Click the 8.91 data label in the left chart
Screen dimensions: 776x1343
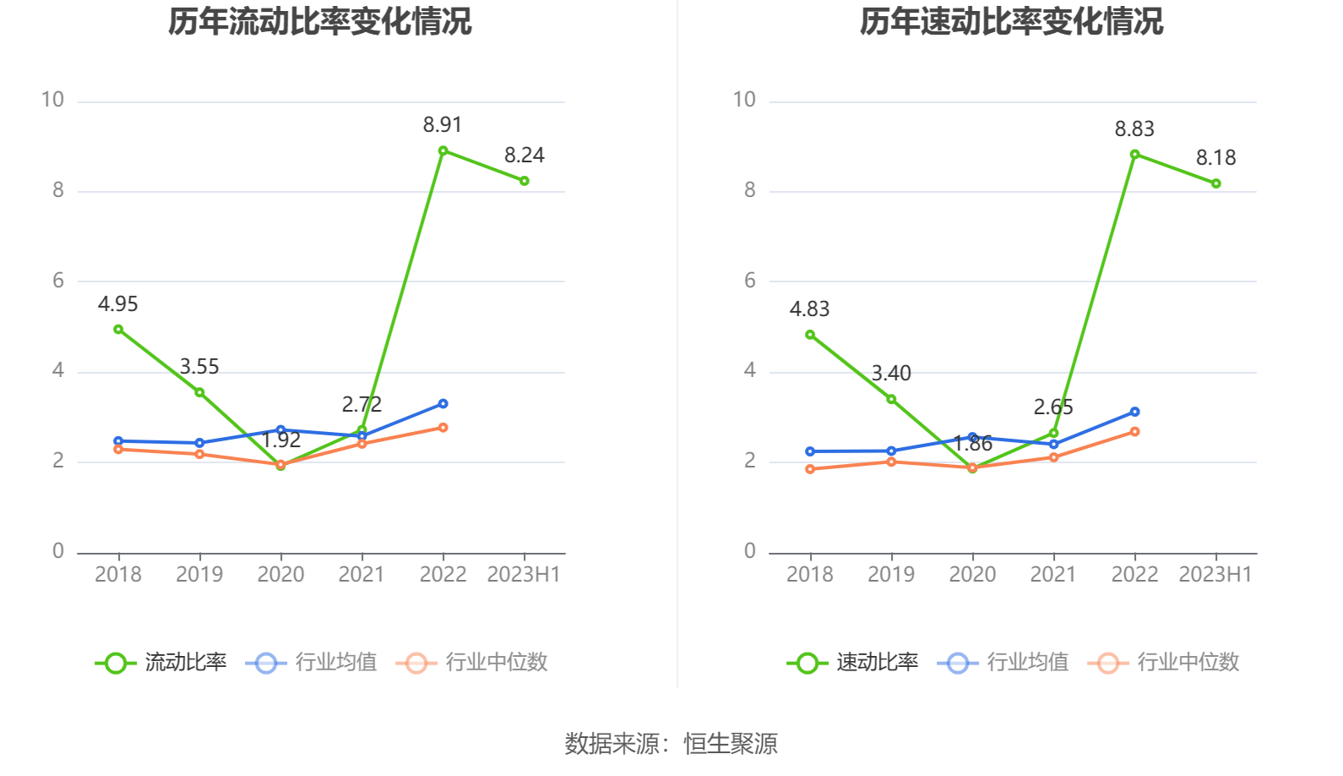point(442,125)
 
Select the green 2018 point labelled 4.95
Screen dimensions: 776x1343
point(118,330)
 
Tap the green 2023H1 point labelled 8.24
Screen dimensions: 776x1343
point(525,181)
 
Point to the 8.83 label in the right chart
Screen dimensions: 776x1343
point(1134,129)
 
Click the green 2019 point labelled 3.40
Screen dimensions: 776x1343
point(891,399)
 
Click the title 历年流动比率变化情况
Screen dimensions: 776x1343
point(319,21)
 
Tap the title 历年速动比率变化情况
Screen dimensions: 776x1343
point(1011,21)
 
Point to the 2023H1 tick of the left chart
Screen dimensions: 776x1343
point(524,575)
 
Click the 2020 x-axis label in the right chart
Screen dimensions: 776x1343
point(972,575)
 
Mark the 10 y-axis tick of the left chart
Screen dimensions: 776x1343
point(52,101)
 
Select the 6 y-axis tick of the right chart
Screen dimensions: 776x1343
point(749,281)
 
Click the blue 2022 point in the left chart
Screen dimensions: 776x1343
point(443,404)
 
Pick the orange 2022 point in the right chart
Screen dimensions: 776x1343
point(1134,432)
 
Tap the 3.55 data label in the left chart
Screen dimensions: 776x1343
point(199,367)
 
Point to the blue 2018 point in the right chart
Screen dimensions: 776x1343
point(810,451)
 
